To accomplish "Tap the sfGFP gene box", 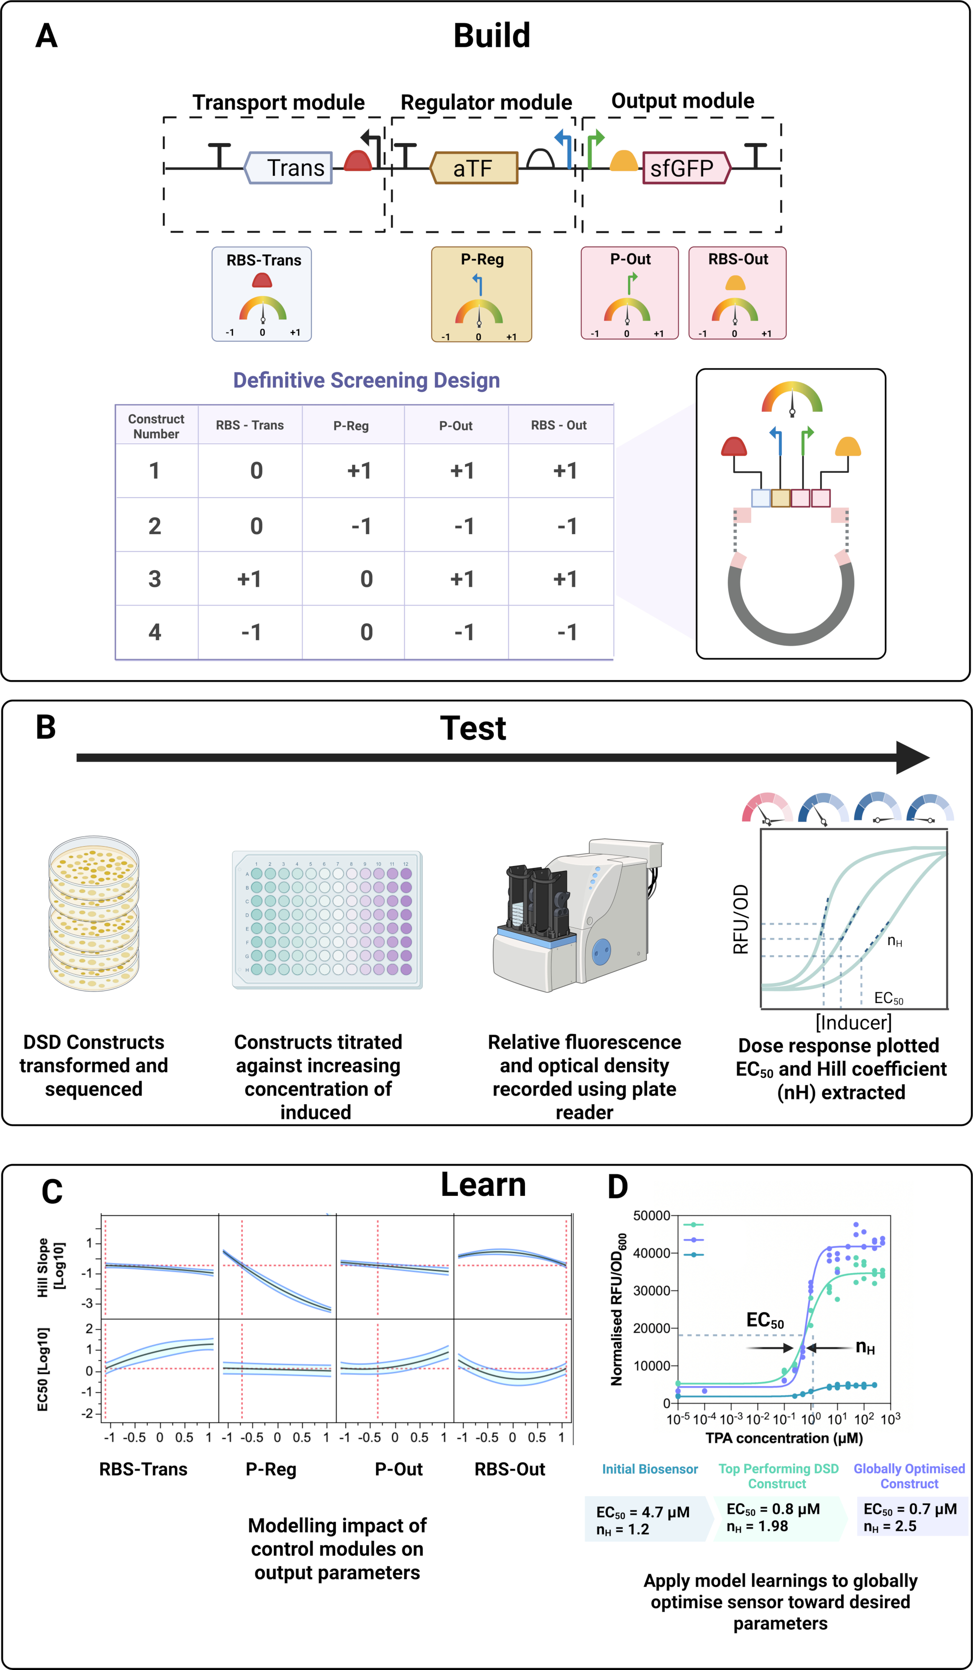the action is coord(687,167).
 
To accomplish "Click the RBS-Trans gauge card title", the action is coord(264,260).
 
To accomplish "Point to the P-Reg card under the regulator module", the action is coord(482,294).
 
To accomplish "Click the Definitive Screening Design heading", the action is coord(366,380).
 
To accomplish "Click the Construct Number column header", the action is coord(156,426).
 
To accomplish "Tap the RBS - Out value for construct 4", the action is coord(567,632).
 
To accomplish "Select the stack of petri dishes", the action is coord(94,914).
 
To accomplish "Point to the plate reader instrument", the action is coord(577,915).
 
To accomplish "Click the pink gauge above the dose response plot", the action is coord(767,808).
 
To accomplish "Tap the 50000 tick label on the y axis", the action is coord(652,1215).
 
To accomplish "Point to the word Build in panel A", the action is coord(492,36).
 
